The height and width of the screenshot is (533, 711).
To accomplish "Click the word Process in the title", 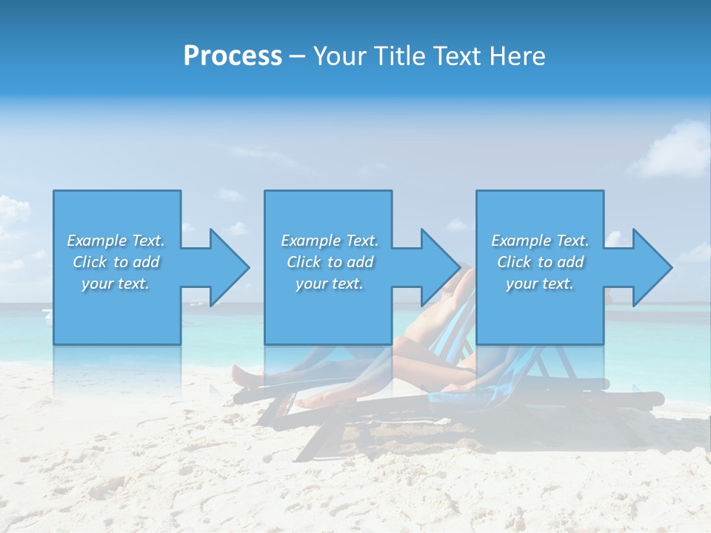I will pyautogui.click(x=233, y=56).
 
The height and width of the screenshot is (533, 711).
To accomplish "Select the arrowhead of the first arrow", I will pyautogui.click(x=230, y=267).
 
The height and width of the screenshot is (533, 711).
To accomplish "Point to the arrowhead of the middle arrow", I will pyautogui.click(x=441, y=267).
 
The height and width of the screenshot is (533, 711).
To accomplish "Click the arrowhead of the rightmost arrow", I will pyautogui.click(x=652, y=267).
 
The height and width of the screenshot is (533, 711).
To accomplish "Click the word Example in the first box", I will pyautogui.click(x=96, y=241).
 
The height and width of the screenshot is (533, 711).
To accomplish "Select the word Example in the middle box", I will pyautogui.click(x=310, y=241).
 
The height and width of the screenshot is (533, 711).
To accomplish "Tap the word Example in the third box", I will pyautogui.click(x=521, y=241).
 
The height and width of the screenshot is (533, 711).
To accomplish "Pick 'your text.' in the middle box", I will pyautogui.click(x=330, y=284).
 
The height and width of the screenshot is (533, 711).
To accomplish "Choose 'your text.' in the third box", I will pyautogui.click(x=540, y=284).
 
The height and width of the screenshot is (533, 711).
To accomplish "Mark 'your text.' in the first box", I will pyautogui.click(x=116, y=284).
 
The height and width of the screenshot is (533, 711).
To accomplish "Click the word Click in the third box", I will pyautogui.click(x=515, y=262).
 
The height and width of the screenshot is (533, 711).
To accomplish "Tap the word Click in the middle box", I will pyautogui.click(x=304, y=262).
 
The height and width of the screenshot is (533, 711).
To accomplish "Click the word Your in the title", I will pyautogui.click(x=337, y=56).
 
